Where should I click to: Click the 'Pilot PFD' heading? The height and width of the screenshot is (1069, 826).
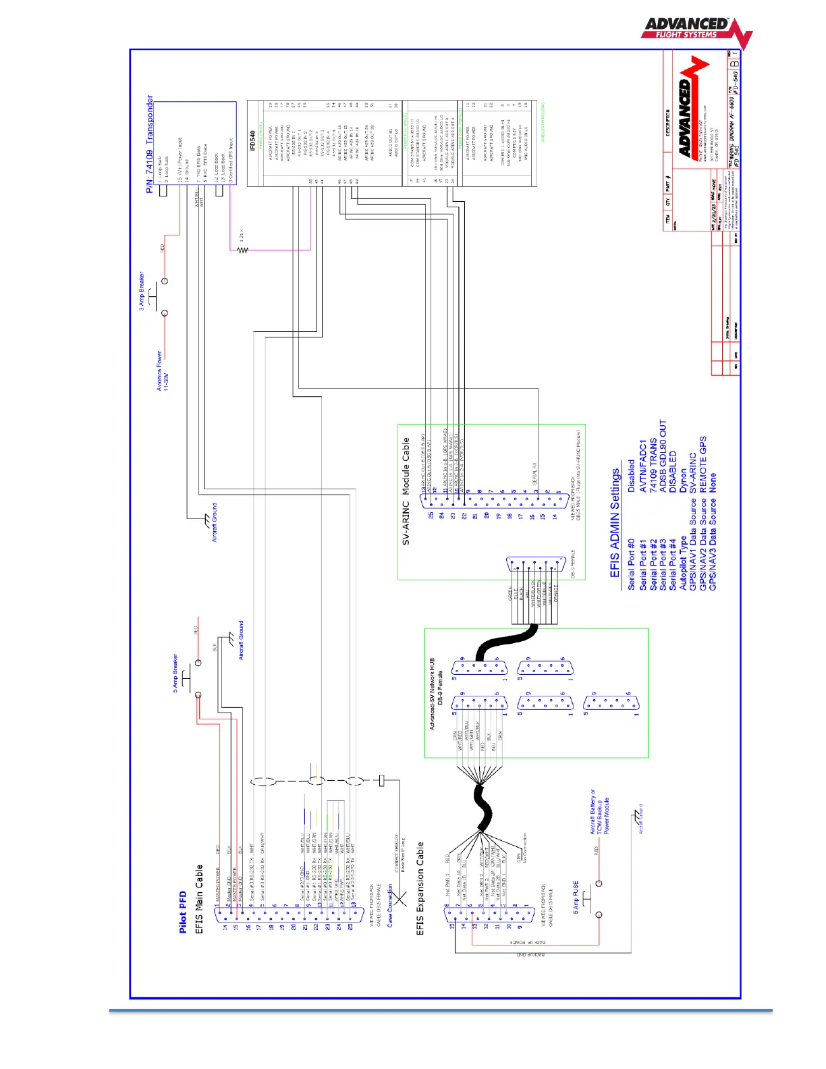coord(182,912)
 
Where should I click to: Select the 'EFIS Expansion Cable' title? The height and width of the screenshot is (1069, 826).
coord(420,888)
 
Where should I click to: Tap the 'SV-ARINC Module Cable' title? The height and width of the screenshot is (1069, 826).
coord(406,491)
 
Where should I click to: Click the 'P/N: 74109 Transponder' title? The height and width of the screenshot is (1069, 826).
coord(150,144)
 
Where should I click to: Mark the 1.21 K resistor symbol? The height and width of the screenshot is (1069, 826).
coord(242,250)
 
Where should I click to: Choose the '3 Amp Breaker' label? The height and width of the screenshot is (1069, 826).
coord(142,291)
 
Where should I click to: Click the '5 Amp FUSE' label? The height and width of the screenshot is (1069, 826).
coord(576,897)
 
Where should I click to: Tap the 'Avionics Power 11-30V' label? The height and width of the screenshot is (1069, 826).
coord(163,371)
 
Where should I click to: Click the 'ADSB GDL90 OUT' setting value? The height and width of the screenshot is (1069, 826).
coord(663,456)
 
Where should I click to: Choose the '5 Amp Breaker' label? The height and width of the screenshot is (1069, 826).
coord(175,673)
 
